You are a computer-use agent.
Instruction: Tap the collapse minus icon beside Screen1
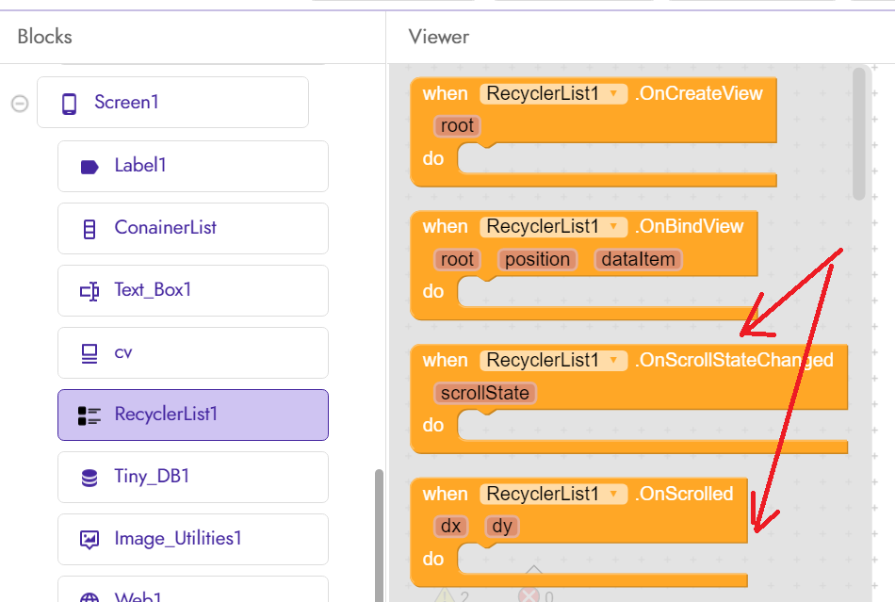19,103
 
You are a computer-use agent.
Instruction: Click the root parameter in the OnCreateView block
458,126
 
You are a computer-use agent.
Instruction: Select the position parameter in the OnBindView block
537,260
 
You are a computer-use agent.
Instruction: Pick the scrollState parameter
484,393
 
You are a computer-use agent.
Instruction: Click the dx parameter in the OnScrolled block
450,526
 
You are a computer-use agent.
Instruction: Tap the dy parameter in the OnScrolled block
501,526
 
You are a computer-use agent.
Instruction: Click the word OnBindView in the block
691,227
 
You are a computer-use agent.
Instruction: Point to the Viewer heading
438,37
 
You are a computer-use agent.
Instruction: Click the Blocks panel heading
44,37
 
